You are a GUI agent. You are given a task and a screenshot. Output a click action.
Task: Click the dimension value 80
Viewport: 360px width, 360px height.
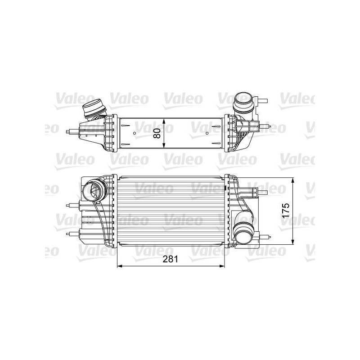point(157,133)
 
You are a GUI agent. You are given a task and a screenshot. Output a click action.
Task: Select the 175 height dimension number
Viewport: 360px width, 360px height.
point(285,211)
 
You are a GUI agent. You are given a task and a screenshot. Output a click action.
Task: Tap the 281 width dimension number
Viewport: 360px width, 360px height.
point(171,259)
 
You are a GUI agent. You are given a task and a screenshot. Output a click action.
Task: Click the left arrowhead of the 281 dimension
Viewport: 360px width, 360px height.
point(120,266)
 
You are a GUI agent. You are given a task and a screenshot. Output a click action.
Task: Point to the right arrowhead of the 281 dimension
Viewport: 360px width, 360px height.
point(222,266)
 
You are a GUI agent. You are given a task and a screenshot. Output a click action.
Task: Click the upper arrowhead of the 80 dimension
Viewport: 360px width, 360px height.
point(163,121)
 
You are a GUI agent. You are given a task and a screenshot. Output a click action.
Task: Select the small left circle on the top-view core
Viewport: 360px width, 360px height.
point(135,133)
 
